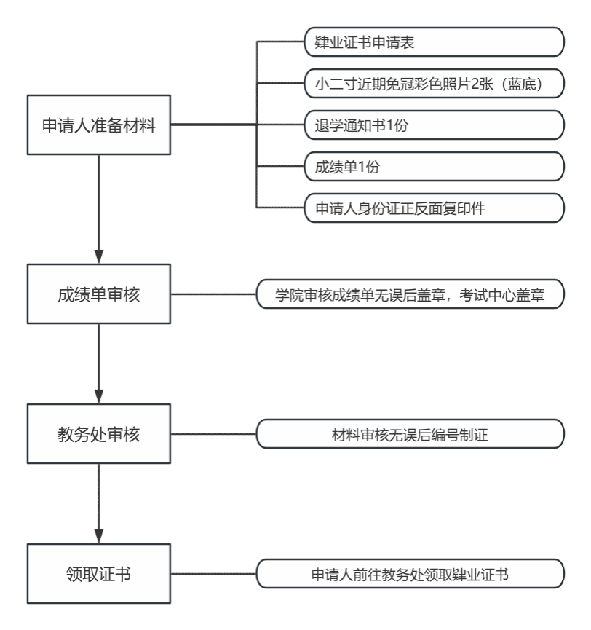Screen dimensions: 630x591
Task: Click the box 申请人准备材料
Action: coord(99,125)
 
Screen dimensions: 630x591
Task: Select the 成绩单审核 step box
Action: coord(99,295)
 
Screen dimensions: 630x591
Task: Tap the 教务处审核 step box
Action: coord(99,435)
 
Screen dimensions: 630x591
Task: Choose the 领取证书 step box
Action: coord(99,573)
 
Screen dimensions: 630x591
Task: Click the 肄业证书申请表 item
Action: coord(435,42)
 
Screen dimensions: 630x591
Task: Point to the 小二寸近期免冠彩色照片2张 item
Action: coord(435,84)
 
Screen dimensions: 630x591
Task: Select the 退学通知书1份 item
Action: coord(435,125)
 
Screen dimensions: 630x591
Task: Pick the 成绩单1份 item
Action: coord(435,167)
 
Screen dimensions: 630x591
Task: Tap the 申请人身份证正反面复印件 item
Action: coord(435,208)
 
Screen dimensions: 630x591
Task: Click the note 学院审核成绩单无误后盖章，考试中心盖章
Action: coord(410,295)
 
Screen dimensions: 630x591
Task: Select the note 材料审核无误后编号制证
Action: coord(410,435)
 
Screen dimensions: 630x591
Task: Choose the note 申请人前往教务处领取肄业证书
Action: coord(410,574)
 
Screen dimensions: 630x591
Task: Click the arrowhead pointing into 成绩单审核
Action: coord(99,257)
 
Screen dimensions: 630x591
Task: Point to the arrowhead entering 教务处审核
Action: coord(99,397)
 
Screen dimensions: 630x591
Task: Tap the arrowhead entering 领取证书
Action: coord(99,536)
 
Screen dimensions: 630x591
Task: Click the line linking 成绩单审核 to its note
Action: coord(213,295)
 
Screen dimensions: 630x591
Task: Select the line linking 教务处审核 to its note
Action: coord(213,435)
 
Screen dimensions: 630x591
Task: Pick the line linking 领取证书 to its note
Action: coord(213,574)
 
